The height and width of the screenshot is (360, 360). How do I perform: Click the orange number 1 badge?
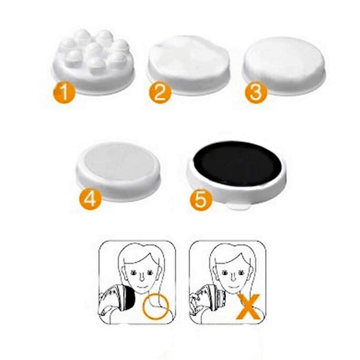click(x=65, y=92)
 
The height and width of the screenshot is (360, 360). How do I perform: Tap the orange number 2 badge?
click(x=160, y=92)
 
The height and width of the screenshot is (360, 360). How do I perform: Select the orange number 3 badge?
click(x=256, y=92)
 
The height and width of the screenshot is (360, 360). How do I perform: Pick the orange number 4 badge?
click(x=90, y=199)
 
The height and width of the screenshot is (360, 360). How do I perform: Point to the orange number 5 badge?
click(x=201, y=199)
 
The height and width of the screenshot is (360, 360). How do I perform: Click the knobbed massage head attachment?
click(x=94, y=62)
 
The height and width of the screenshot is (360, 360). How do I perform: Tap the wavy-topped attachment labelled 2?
click(x=189, y=65)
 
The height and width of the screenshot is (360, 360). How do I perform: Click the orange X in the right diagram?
click(x=249, y=307)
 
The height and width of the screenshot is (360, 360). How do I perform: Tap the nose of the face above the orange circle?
click(x=142, y=277)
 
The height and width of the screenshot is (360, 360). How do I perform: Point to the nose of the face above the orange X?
click(x=232, y=277)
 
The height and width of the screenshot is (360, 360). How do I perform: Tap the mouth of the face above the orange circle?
click(x=142, y=287)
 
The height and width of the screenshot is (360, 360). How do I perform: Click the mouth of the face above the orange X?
click(x=233, y=287)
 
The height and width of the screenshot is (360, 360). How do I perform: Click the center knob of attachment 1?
click(x=93, y=49)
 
